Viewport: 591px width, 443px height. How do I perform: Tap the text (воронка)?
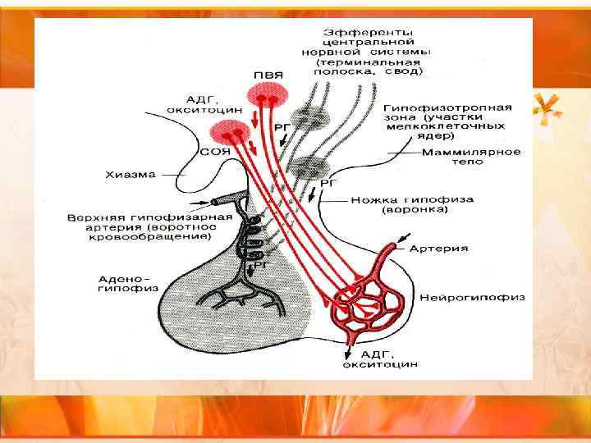415,210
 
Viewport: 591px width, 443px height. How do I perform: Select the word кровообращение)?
169,236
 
